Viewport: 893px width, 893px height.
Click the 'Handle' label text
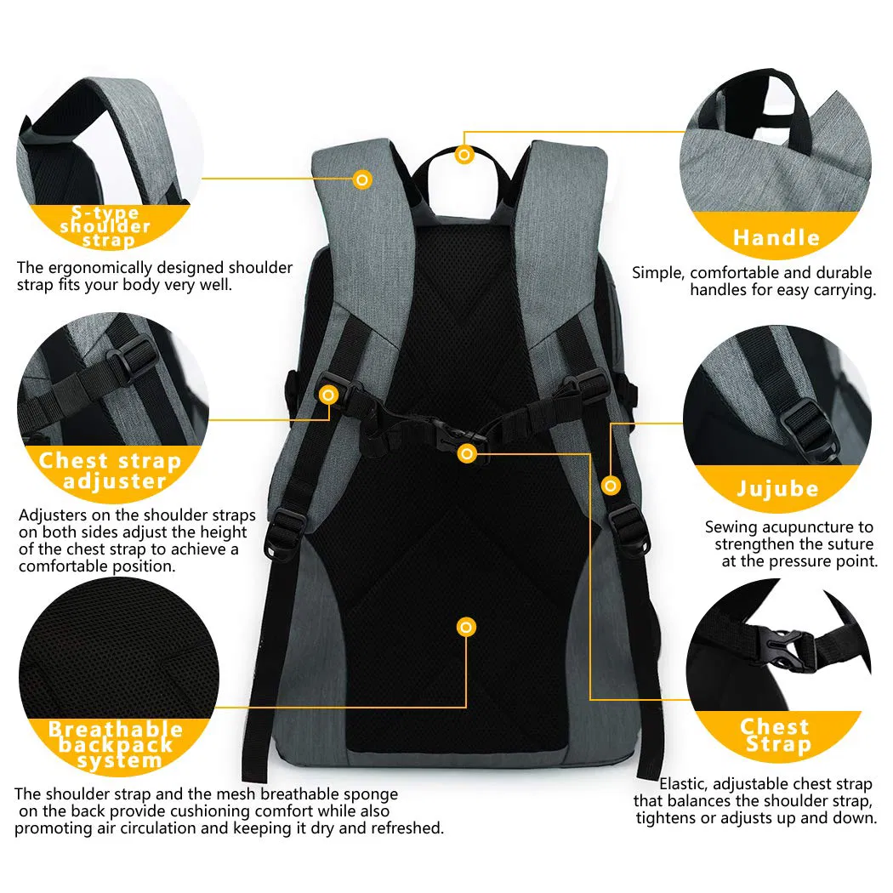(x=776, y=237)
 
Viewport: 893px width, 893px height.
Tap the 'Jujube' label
(x=776, y=489)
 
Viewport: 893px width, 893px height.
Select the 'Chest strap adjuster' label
(x=111, y=471)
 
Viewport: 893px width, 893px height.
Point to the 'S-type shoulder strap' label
(x=105, y=226)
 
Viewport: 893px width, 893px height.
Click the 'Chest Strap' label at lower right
(x=775, y=736)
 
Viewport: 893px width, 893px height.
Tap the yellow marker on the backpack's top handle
(x=464, y=155)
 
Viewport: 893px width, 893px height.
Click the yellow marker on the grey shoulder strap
(x=362, y=179)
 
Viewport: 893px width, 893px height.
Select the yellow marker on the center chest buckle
(x=466, y=454)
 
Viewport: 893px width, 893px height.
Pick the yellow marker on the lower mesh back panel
(x=466, y=628)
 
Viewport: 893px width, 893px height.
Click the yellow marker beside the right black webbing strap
(x=610, y=486)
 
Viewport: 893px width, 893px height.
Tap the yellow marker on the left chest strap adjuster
(x=328, y=395)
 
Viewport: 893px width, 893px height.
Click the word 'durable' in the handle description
(x=844, y=273)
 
